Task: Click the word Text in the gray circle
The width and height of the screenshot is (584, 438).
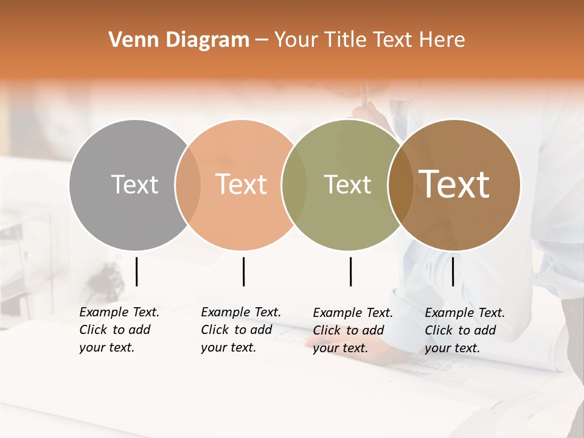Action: click(134, 184)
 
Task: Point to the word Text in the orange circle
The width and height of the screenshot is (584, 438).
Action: click(242, 184)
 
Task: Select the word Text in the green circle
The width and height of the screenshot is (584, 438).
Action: click(348, 184)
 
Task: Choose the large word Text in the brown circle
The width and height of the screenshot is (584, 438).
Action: click(454, 184)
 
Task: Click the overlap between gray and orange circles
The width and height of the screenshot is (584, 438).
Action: click(188, 185)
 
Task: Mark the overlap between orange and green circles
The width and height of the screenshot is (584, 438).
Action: click(294, 185)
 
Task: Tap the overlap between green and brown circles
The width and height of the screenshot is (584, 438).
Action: click(400, 185)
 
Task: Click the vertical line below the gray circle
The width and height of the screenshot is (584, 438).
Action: click(136, 271)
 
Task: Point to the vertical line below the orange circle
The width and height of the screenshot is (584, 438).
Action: click(243, 271)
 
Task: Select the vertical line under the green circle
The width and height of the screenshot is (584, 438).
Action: click(350, 271)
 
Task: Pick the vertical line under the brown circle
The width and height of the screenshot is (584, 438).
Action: click(453, 271)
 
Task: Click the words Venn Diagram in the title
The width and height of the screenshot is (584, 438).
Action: click(179, 40)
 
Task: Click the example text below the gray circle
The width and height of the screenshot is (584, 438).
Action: click(119, 330)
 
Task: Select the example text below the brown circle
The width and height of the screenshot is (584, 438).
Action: click(465, 330)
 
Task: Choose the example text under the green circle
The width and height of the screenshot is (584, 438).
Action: click(353, 330)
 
